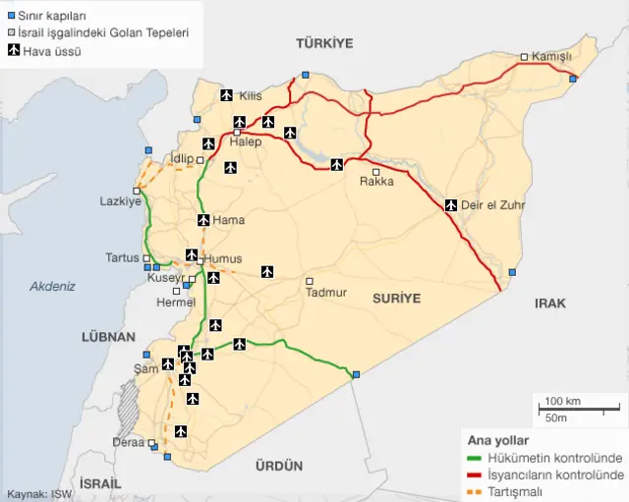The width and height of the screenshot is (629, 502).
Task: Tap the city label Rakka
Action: pyautogui.click(x=376, y=182)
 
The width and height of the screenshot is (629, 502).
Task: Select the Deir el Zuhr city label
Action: pyautogui.click(x=493, y=205)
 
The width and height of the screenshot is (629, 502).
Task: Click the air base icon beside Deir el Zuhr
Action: pyautogui.click(x=451, y=205)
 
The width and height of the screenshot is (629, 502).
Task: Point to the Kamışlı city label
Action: pyautogui.click(x=551, y=57)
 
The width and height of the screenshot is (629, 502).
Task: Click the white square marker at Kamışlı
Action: pyautogui.click(x=525, y=57)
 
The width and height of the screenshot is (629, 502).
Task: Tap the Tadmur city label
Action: pyautogui.click(x=325, y=292)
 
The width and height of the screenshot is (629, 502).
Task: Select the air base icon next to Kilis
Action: pyautogui.click(x=227, y=95)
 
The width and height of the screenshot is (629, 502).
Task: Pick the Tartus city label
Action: pyautogui.click(x=123, y=257)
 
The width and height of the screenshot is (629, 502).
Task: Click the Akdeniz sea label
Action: pyautogui.click(x=52, y=286)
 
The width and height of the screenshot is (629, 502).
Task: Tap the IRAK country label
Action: pyautogui.click(x=550, y=304)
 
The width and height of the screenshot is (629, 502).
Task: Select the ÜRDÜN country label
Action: pyautogui.click(x=279, y=466)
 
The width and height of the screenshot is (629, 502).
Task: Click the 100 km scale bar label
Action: pyautogui.click(x=562, y=402)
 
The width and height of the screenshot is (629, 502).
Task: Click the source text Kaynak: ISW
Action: pyautogui.click(x=38, y=494)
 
